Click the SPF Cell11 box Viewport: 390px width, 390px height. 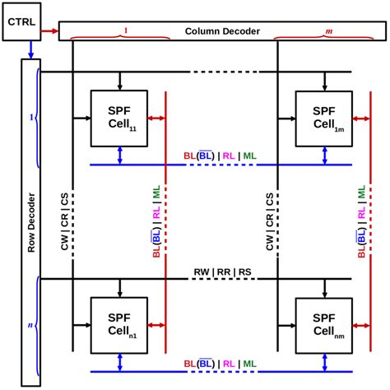point(119,118)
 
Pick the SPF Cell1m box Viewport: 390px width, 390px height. point(324,118)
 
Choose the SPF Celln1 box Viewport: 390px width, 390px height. point(119,323)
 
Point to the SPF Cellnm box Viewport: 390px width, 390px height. point(324,323)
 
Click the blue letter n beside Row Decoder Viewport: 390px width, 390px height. point(30,326)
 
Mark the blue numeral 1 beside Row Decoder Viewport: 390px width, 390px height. point(30,118)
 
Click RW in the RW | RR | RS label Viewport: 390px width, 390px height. point(202,272)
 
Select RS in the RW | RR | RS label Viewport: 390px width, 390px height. point(243,272)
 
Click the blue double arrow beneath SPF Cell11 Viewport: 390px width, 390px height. point(119,156)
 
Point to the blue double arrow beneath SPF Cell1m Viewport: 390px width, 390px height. point(324,156)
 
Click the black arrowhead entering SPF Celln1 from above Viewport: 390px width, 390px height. point(119,290)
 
